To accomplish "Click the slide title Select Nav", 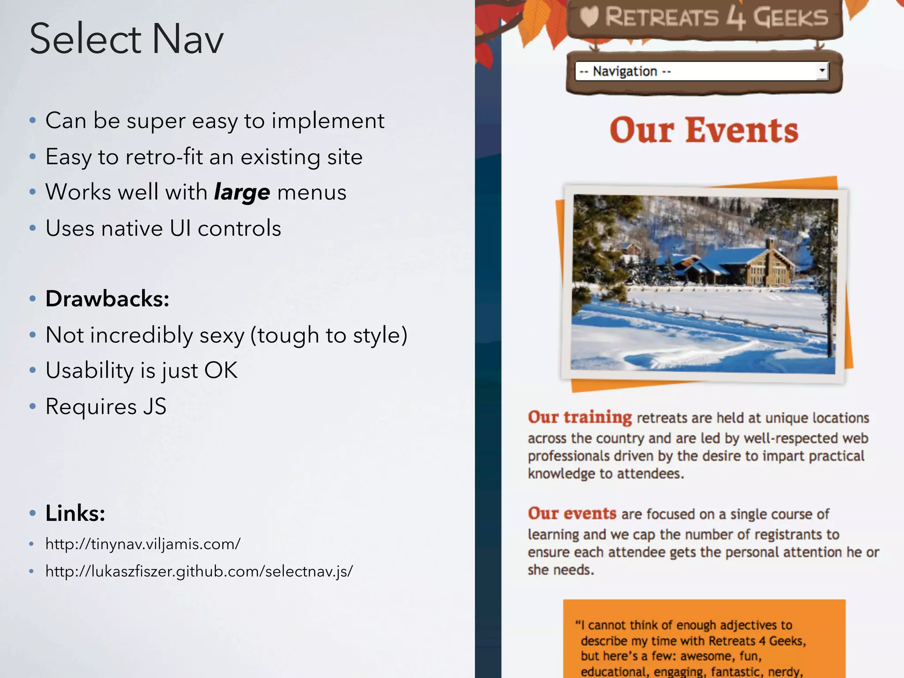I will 127,39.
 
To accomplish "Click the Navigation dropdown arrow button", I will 822,71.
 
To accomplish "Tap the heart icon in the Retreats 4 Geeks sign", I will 589,17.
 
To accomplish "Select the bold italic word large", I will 242,192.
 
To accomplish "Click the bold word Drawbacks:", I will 107,299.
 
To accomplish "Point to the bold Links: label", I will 75,513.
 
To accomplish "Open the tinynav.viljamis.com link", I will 143,544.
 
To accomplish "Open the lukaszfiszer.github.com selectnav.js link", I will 199,571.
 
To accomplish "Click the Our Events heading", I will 704,130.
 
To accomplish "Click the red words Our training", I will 580,417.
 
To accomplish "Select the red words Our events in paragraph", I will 572,513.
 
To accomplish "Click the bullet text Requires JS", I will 106,407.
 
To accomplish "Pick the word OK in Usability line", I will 221,370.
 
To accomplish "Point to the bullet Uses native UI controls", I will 163,229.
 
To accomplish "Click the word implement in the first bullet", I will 328,121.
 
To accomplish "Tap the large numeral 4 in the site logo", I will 735,18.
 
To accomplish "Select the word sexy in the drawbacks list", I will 222,335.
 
